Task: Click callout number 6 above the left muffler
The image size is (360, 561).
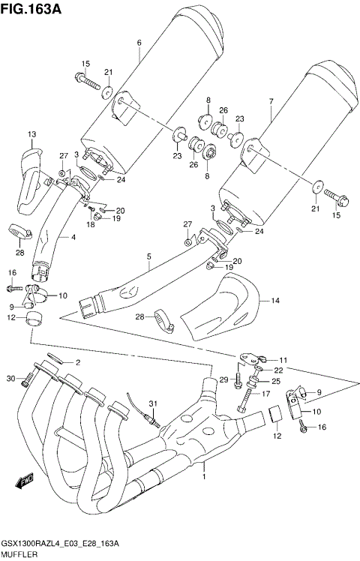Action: [139, 43]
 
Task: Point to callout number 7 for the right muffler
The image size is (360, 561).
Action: [270, 100]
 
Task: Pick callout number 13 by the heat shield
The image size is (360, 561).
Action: [31, 134]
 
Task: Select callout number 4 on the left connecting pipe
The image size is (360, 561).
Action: [73, 238]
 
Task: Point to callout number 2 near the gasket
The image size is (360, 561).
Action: [76, 362]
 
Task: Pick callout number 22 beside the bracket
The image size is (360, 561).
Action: [277, 370]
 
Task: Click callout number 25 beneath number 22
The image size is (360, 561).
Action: [277, 382]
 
